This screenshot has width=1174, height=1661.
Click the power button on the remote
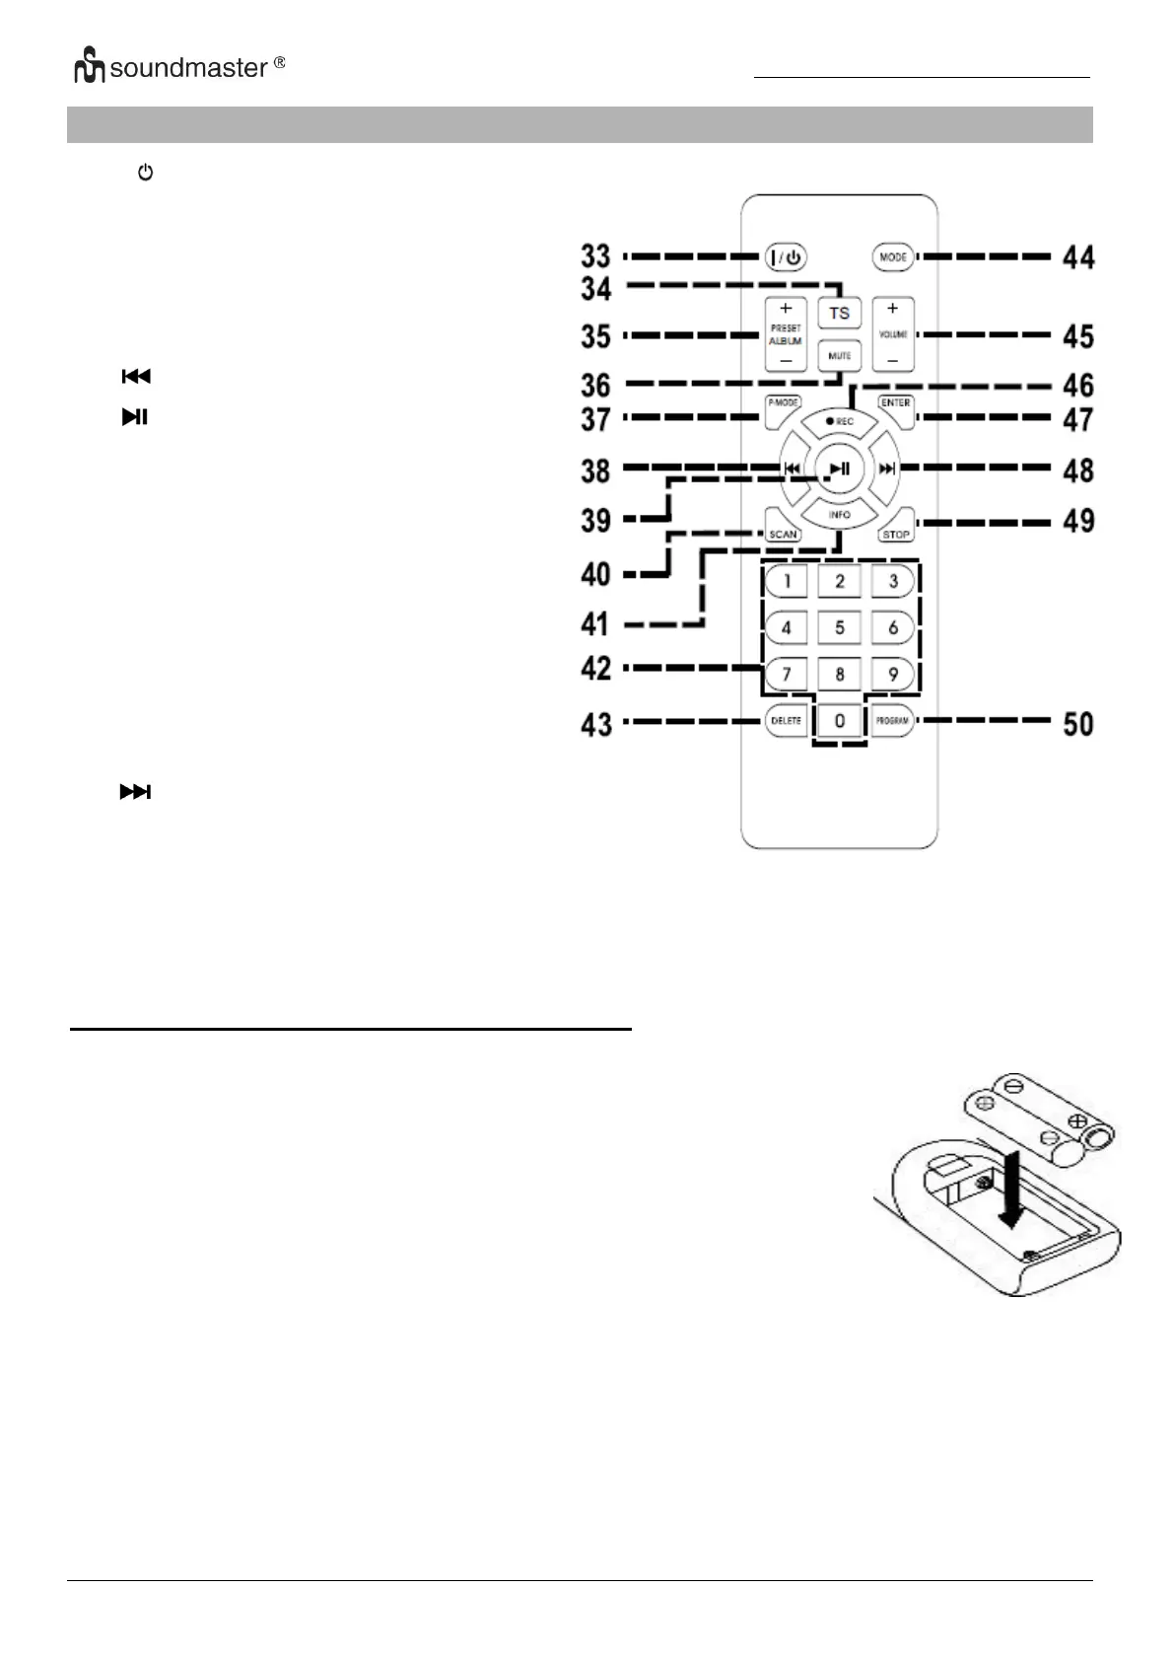[x=786, y=257]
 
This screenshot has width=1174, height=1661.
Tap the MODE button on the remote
[x=892, y=257]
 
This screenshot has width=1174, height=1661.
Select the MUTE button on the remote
[x=839, y=356]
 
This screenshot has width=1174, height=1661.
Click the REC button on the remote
[x=840, y=422]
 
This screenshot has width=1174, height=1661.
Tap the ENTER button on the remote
[x=895, y=406]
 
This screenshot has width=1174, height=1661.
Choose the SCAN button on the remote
[x=784, y=531]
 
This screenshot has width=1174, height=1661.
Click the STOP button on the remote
[x=895, y=531]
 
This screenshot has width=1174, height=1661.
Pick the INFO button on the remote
[x=839, y=514]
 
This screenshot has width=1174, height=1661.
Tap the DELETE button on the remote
[x=786, y=721]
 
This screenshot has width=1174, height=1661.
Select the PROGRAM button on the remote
[x=892, y=721]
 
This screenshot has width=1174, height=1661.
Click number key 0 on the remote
[x=839, y=721]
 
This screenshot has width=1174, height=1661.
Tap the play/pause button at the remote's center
[x=839, y=469]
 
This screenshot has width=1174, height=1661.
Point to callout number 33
[x=595, y=256]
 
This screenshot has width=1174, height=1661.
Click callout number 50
[x=1078, y=724]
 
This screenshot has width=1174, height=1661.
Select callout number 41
[x=595, y=623]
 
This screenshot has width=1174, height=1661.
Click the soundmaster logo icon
[x=90, y=69]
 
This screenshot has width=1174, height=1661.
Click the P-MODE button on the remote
[x=784, y=406]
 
